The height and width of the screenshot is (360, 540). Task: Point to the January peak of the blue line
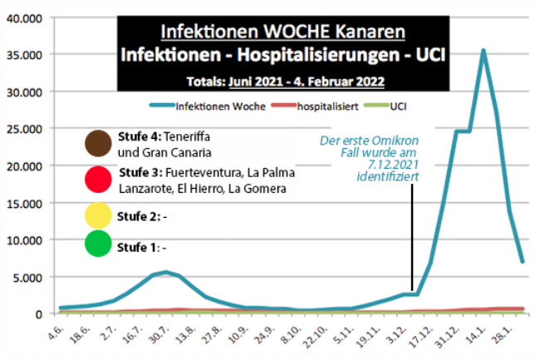click(483, 51)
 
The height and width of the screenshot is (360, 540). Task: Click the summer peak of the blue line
click(166, 272)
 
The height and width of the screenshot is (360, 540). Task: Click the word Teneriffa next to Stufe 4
click(192, 136)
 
